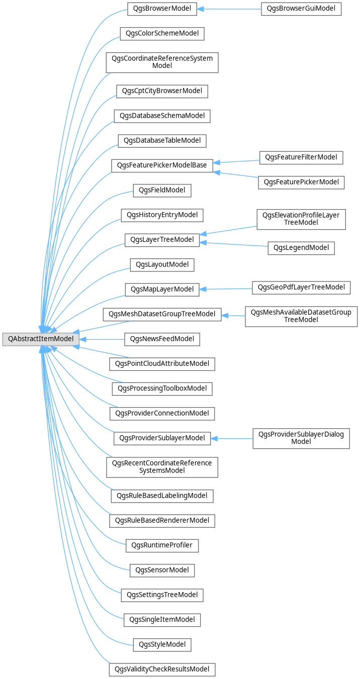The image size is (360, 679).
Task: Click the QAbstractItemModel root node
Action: point(40,339)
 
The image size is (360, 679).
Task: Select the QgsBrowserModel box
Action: point(161,9)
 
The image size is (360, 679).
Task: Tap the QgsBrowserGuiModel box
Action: point(301,9)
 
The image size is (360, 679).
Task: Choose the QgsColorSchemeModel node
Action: point(162,34)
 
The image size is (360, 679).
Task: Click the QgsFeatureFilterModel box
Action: point(301,157)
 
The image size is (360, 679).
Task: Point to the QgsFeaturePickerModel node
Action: point(301,182)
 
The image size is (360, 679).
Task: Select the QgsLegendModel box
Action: point(301,247)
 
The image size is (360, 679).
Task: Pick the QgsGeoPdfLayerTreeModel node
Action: point(301,287)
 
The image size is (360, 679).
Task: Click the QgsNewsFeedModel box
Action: point(162,339)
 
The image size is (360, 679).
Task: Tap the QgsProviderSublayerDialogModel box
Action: point(301,438)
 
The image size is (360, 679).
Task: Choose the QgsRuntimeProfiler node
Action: point(162,545)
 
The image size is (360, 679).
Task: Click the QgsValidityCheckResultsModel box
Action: point(162,669)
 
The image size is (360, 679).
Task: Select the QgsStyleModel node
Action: point(162,644)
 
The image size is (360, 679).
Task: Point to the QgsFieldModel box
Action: point(162,190)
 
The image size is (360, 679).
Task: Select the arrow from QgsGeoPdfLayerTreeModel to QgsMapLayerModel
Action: point(226,288)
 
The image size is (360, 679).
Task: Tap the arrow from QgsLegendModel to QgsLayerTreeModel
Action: point(234,244)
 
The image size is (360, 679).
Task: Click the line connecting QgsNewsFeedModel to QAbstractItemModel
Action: point(101,339)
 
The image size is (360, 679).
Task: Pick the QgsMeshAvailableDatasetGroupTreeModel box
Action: point(301,316)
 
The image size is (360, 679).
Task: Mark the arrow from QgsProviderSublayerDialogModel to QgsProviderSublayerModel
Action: point(231,438)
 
